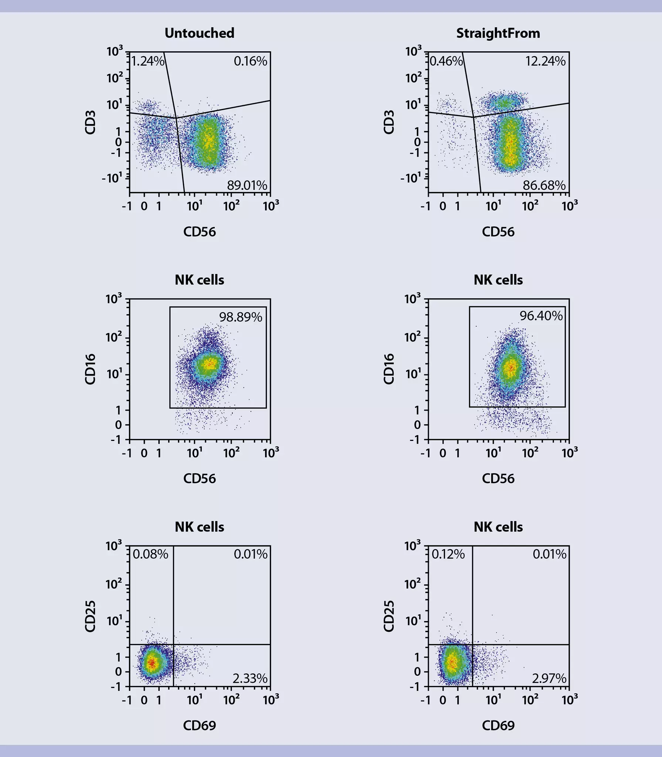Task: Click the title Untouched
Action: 199,33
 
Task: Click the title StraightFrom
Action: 498,33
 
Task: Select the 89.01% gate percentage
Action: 247,185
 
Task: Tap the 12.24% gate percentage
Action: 545,61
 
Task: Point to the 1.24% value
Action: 147,61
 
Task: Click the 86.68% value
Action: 544,185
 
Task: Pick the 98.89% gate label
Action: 241,317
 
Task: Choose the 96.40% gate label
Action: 541,316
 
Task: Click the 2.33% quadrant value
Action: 250,678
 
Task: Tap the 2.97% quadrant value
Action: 549,678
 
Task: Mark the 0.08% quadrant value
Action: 150,554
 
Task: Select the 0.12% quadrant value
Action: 448,554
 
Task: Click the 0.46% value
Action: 446,61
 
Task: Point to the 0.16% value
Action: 250,61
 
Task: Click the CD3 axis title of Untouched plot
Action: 91,122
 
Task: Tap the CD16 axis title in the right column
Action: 389,369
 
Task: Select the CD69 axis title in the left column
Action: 199,726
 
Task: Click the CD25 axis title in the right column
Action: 389,616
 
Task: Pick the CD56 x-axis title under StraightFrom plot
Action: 498,232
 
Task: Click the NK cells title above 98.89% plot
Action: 199,280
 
